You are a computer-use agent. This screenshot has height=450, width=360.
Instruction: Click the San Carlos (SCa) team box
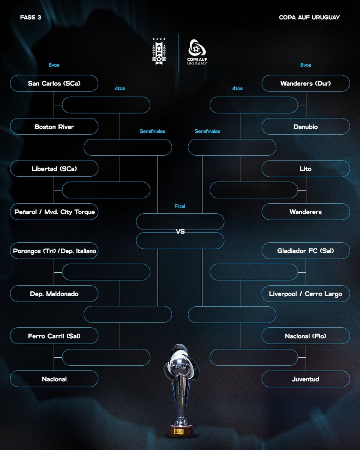pyautogui.click(x=54, y=83)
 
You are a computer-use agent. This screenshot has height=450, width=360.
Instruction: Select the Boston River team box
pyautogui.click(x=54, y=126)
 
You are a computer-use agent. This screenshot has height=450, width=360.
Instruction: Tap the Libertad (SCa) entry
pyautogui.click(x=54, y=168)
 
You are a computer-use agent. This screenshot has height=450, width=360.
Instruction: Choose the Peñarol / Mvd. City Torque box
pyautogui.click(x=54, y=211)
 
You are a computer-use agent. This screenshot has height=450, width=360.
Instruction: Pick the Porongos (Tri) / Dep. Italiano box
pyautogui.click(x=54, y=251)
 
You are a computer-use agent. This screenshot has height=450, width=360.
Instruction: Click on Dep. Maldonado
pyautogui.click(x=54, y=294)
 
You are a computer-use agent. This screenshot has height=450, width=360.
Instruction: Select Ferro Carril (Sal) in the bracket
pyautogui.click(x=54, y=336)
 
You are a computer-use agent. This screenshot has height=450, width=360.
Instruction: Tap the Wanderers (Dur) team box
pyautogui.click(x=306, y=83)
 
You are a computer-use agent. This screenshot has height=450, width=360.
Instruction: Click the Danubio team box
pyautogui.click(x=306, y=126)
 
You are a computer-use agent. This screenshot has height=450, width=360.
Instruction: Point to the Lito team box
pyautogui.click(x=306, y=168)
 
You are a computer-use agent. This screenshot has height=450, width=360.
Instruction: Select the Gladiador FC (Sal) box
pyautogui.click(x=306, y=251)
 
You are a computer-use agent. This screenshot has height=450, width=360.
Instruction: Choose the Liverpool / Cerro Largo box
pyautogui.click(x=306, y=294)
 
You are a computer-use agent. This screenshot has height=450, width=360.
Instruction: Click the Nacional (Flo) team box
pyautogui.click(x=306, y=336)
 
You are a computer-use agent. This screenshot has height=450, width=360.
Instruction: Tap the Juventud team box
pyautogui.click(x=306, y=379)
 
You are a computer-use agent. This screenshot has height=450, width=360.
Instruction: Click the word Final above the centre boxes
pyautogui.click(x=180, y=206)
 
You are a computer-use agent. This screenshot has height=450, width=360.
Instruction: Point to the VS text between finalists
pyautogui.click(x=180, y=231)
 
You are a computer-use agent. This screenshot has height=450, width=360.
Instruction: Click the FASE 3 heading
pyautogui.click(x=30, y=17)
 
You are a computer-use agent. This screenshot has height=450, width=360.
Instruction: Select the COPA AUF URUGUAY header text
pyautogui.click(x=309, y=17)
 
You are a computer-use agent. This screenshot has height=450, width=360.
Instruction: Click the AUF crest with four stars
pyautogui.click(x=159, y=51)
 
